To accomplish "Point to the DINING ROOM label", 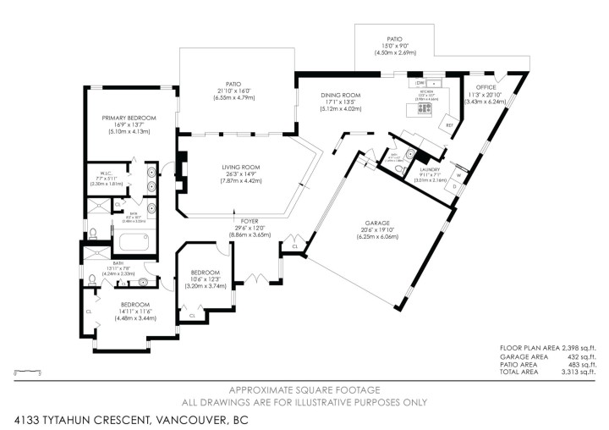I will click(341, 95).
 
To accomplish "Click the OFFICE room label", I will click(485, 86).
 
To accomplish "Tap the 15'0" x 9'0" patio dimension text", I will click(395, 52).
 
